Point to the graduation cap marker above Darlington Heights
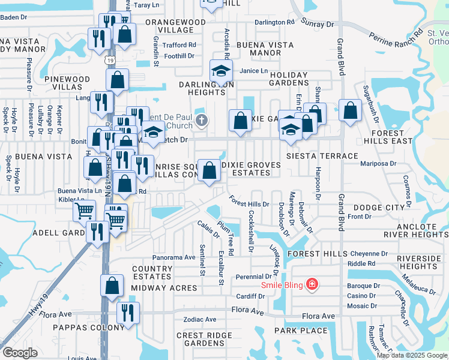(221, 71)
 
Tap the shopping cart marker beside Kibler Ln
(84, 211)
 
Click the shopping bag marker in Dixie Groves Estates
(209, 170)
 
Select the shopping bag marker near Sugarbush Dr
(350, 110)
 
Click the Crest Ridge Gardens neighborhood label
(200, 339)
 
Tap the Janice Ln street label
(253, 71)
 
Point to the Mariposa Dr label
(379, 163)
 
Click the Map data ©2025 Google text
(411, 355)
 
